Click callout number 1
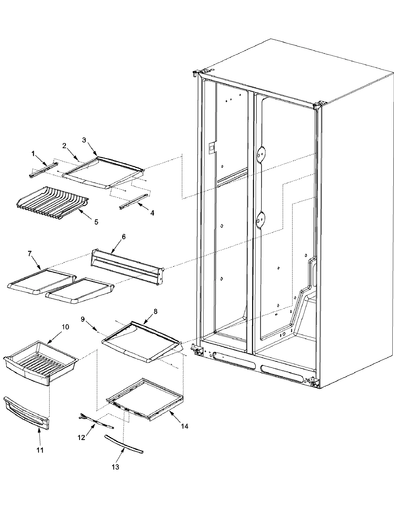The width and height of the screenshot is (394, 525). [33, 153]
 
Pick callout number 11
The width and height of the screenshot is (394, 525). [40, 450]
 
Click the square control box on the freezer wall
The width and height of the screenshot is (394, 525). [212, 148]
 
